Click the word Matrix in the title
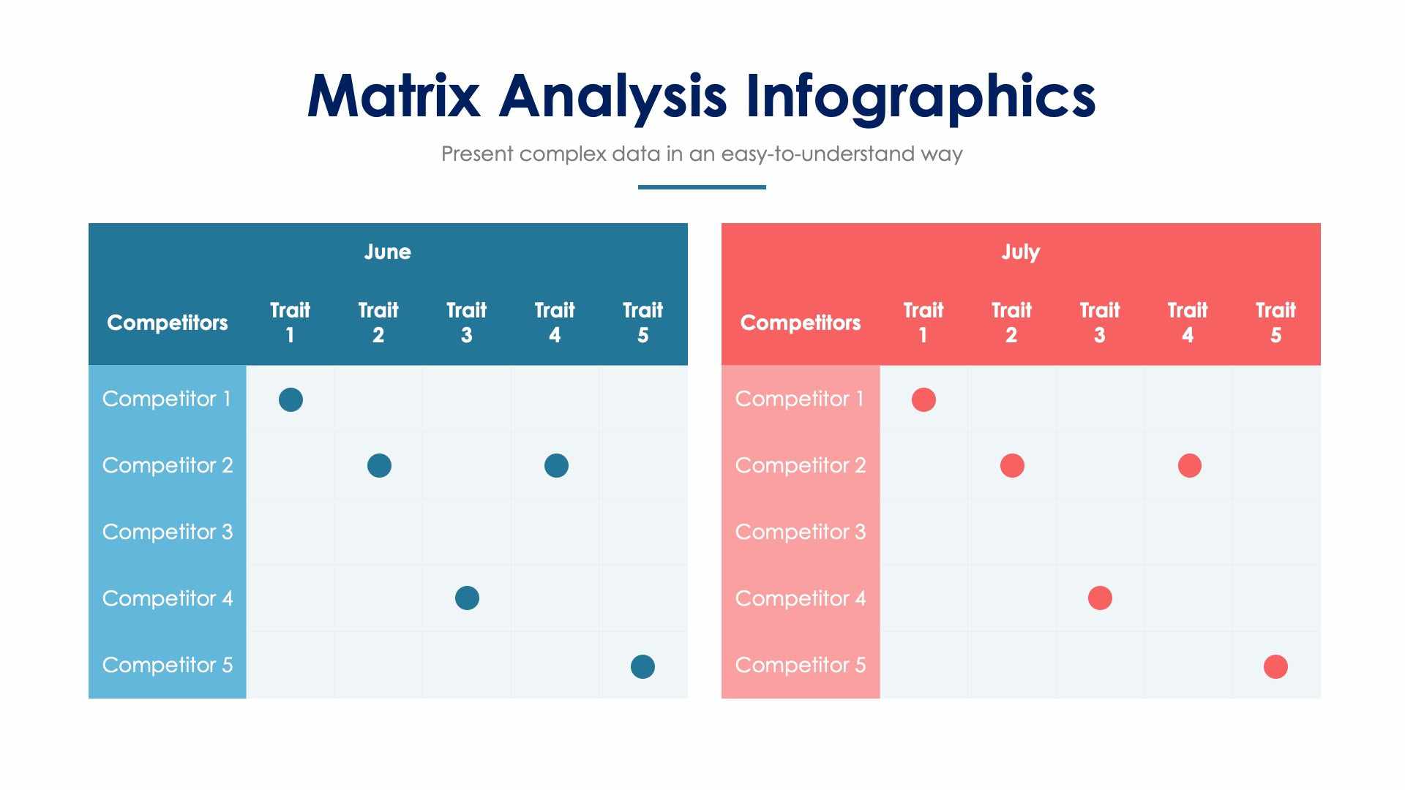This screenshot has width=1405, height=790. pyautogui.click(x=394, y=96)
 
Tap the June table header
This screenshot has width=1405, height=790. pyautogui.click(x=387, y=252)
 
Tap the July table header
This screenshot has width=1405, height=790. pyautogui.click(x=1021, y=252)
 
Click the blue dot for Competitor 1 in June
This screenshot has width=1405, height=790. pyautogui.click(x=291, y=399)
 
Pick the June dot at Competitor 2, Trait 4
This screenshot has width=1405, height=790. pyautogui.click(x=556, y=465)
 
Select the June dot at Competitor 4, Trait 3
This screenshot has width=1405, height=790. pyautogui.click(x=467, y=598)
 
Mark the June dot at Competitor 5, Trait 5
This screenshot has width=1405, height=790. pyautogui.click(x=642, y=666)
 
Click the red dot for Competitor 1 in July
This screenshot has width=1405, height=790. pyautogui.click(x=923, y=399)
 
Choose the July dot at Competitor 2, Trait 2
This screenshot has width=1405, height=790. pyautogui.click(x=1012, y=465)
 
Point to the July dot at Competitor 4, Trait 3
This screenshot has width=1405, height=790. pyautogui.click(x=1100, y=598)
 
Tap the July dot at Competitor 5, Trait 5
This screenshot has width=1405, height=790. pyautogui.click(x=1275, y=666)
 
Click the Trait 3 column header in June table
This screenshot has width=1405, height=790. pyautogui.click(x=466, y=323)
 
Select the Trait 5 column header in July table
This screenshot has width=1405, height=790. pyautogui.click(x=1275, y=323)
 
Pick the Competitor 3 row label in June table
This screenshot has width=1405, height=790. pyautogui.click(x=168, y=532)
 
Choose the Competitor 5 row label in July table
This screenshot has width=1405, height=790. pyautogui.click(x=801, y=665)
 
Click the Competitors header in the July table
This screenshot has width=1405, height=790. pyautogui.click(x=801, y=323)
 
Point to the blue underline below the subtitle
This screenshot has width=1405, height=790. pyautogui.click(x=702, y=187)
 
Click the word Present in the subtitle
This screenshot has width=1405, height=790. pyautogui.click(x=477, y=154)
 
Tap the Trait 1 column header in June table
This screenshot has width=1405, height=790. pyautogui.click(x=290, y=323)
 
